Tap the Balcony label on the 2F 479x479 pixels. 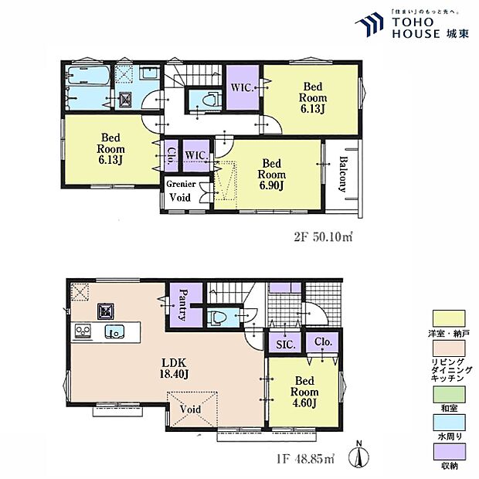click(x=342, y=176)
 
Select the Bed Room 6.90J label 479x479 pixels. click(x=271, y=175)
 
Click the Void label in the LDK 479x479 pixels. click(x=191, y=409)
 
